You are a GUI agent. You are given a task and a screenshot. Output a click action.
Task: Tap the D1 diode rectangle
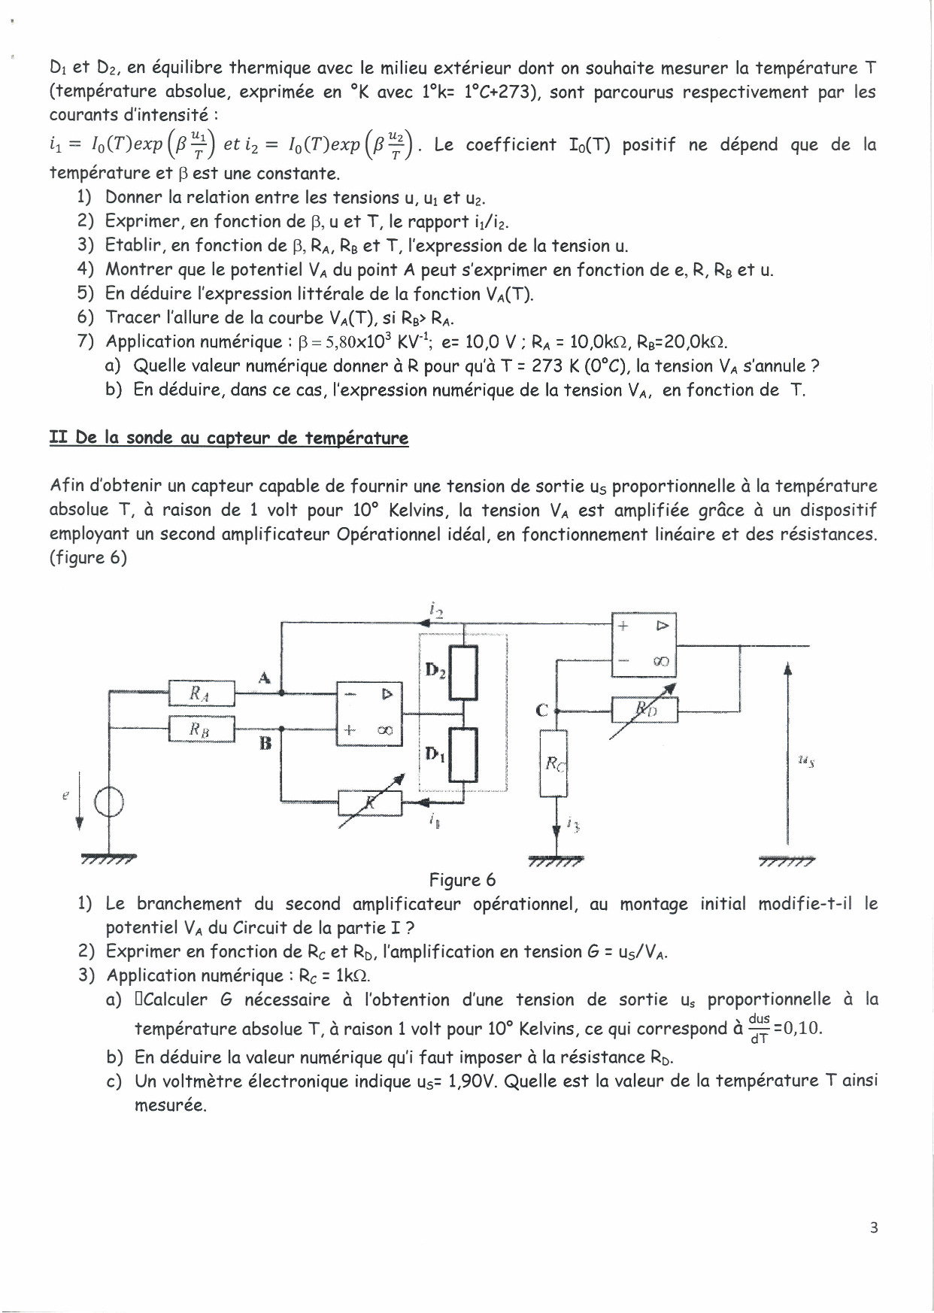click(x=466, y=757)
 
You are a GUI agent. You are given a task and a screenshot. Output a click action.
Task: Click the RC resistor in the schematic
click(x=554, y=764)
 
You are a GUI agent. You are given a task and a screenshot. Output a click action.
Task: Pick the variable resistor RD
click(x=644, y=708)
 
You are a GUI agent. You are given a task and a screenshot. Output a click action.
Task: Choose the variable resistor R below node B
click(x=370, y=803)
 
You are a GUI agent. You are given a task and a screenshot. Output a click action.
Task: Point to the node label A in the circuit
click(x=264, y=677)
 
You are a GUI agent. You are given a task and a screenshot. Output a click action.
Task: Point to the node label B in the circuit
click(x=264, y=744)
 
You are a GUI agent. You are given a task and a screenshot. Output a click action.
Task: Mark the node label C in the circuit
click(x=541, y=708)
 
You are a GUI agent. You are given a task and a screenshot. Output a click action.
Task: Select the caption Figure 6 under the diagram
click(x=462, y=880)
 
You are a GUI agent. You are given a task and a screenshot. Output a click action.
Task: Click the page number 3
click(x=873, y=1228)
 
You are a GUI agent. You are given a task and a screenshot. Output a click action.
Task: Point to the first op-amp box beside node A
click(x=369, y=712)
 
